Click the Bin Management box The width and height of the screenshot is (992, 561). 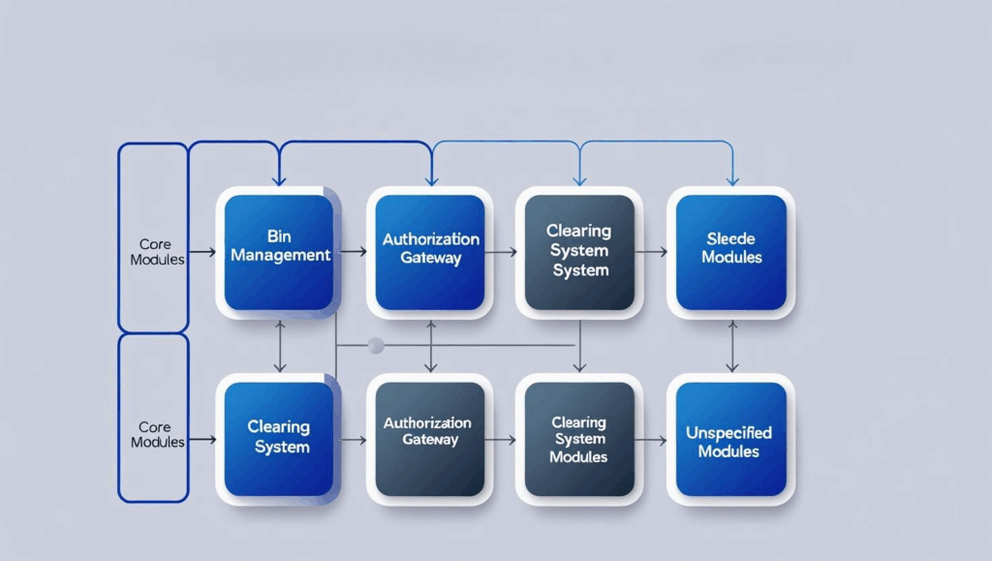coord(279,252)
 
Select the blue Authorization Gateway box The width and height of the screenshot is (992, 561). coord(430,252)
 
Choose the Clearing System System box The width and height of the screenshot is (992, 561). coord(579,252)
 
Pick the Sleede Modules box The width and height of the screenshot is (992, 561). coord(731,252)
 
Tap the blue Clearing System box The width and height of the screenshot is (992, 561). coord(279,439)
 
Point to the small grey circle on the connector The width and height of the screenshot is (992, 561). coord(376,345)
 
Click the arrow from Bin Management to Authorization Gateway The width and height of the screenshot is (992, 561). coord(354,252)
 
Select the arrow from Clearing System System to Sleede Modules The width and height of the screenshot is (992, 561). coord(654,252)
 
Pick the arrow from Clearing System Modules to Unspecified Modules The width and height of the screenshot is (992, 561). coord(654,440)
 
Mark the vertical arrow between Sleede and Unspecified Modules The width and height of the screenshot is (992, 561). coord(732,346)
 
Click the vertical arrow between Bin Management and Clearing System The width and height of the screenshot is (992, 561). coord(280,346)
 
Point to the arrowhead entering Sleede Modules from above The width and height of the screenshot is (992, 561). coord(732,179)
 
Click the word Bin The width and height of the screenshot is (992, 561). coord(279,236)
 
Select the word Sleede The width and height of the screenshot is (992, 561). coord(731,239)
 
